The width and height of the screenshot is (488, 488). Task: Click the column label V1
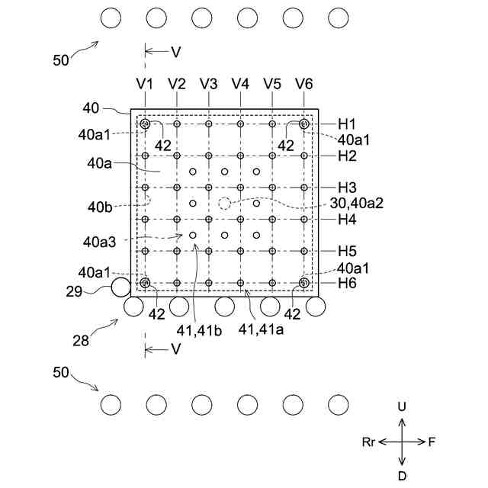(145, 83)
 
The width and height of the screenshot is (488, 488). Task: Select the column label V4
(240, 83)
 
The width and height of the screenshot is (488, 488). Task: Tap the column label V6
(303, 83)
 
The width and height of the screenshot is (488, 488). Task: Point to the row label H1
(348, 124)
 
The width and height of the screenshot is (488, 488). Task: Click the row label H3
(348, 188)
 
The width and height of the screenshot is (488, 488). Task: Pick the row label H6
(348, 283)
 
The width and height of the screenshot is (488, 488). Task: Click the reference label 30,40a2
(356, 203)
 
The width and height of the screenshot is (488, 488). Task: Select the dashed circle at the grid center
(224, 203)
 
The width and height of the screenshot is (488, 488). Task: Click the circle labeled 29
(121, 287)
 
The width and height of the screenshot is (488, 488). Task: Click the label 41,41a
(259, 329)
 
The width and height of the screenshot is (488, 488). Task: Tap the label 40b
(100, 206)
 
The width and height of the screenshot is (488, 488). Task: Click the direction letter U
(402, 407)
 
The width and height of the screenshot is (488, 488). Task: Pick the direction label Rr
(369, 441)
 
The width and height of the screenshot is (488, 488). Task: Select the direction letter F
(432, 441)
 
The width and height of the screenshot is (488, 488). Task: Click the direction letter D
(402, 475)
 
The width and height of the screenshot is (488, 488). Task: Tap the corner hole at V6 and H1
(303, 124)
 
